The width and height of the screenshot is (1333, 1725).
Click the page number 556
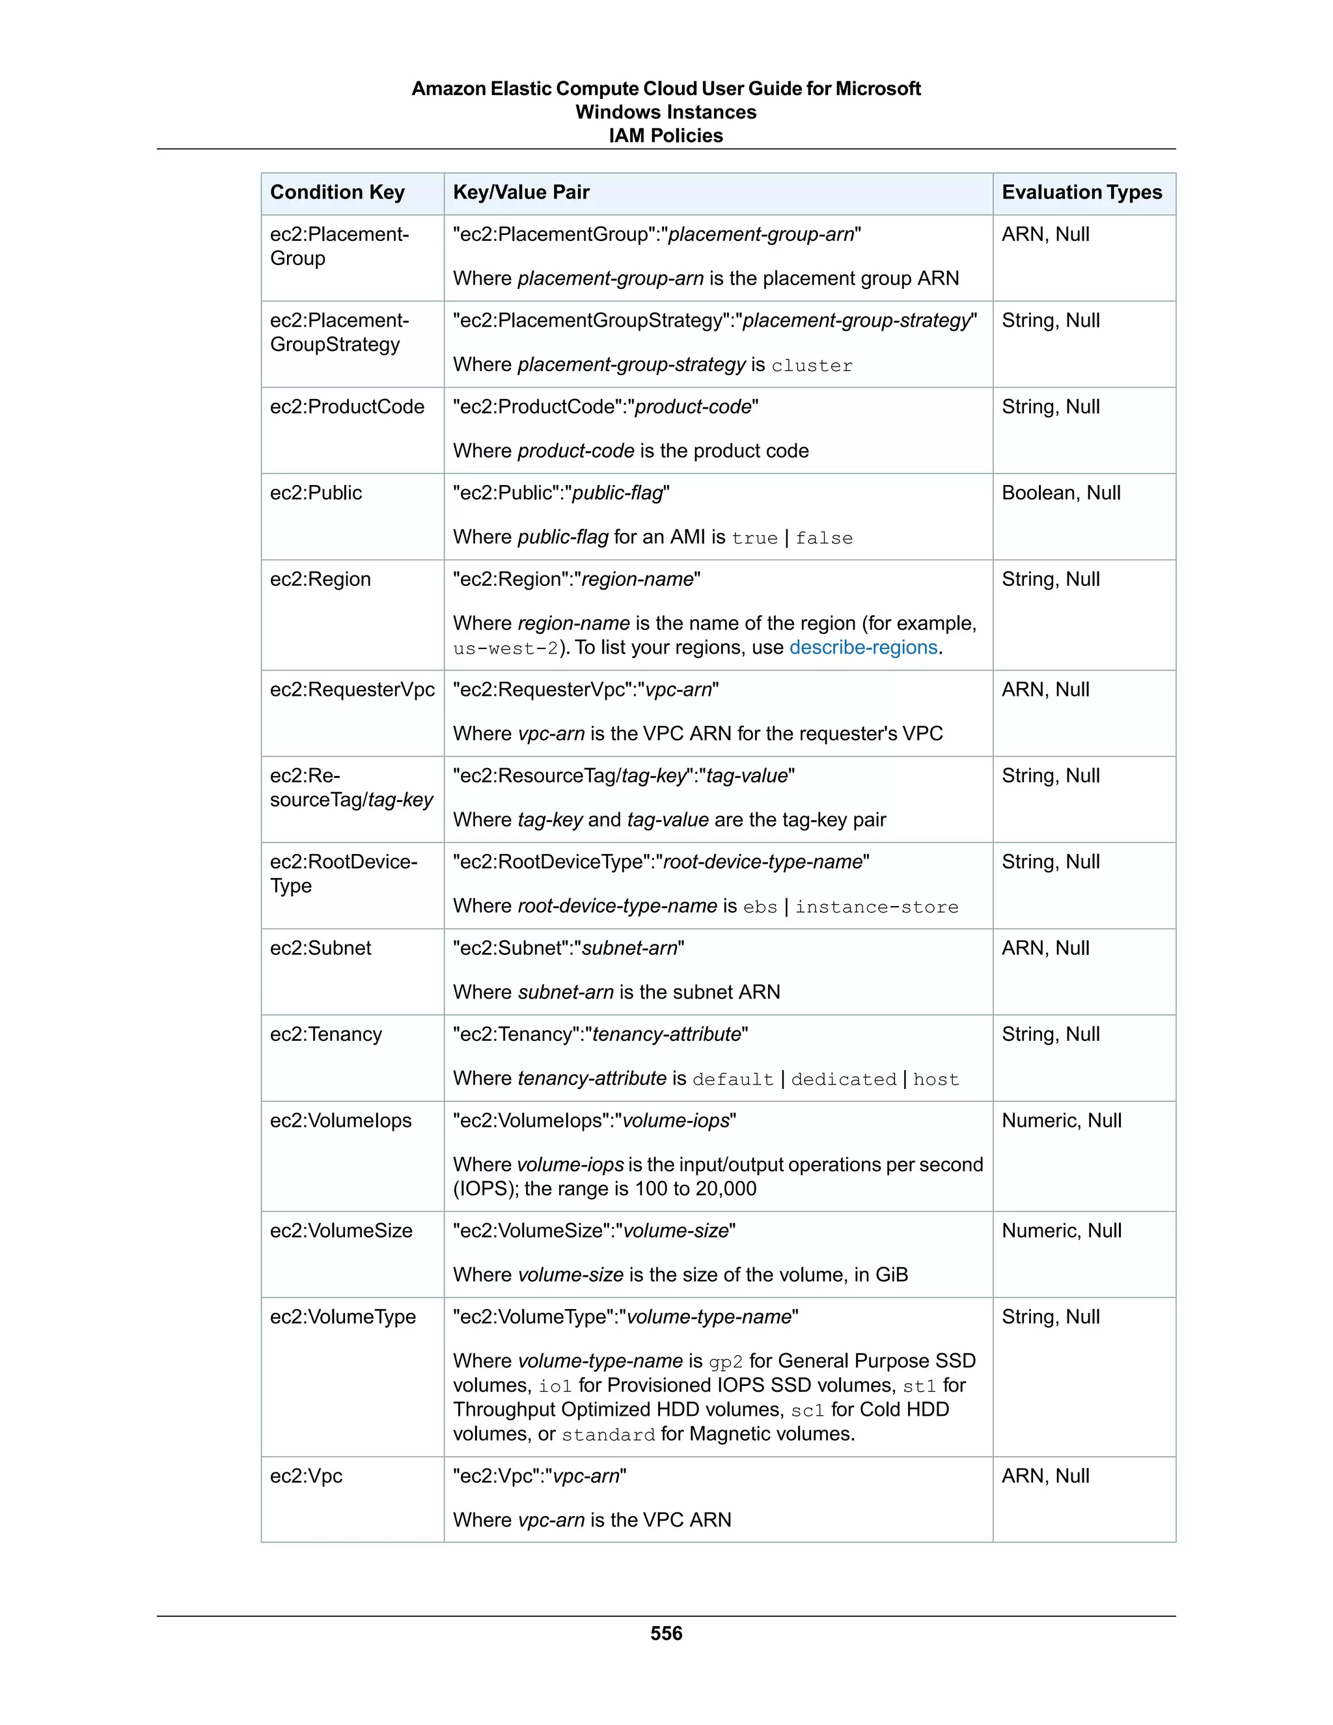(x=666, y=1633)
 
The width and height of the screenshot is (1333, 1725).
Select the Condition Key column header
(x=337, y=193)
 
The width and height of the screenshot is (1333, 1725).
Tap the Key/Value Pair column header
(x=521, y=193)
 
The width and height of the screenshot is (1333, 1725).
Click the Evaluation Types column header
(x=1081, y=193)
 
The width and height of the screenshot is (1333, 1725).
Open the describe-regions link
(x=863, y=648)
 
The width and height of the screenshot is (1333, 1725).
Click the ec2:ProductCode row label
(x=347, y=407)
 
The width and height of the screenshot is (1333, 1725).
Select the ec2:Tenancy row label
(x=325, y=1035)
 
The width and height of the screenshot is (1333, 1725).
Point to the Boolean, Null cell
(x=1060, y=493)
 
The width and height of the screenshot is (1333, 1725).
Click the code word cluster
(x=812, y=366)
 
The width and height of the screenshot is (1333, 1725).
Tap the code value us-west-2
(x=505, y=648)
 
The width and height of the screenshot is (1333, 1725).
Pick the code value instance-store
(x=877, y=907)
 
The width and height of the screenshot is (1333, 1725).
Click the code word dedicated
(x=844, y=1080)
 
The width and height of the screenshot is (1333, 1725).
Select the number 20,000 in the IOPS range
(x=726, y=1189)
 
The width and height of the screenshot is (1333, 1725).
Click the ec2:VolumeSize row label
(x=340, y=1230)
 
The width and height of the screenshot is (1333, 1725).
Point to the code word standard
(x=608, y=1435)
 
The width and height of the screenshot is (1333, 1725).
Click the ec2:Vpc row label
(x=306, y=1476)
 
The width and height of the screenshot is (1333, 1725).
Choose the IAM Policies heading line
(x=666, y=136)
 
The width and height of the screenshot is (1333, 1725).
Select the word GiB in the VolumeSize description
(x=892, y=1275)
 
